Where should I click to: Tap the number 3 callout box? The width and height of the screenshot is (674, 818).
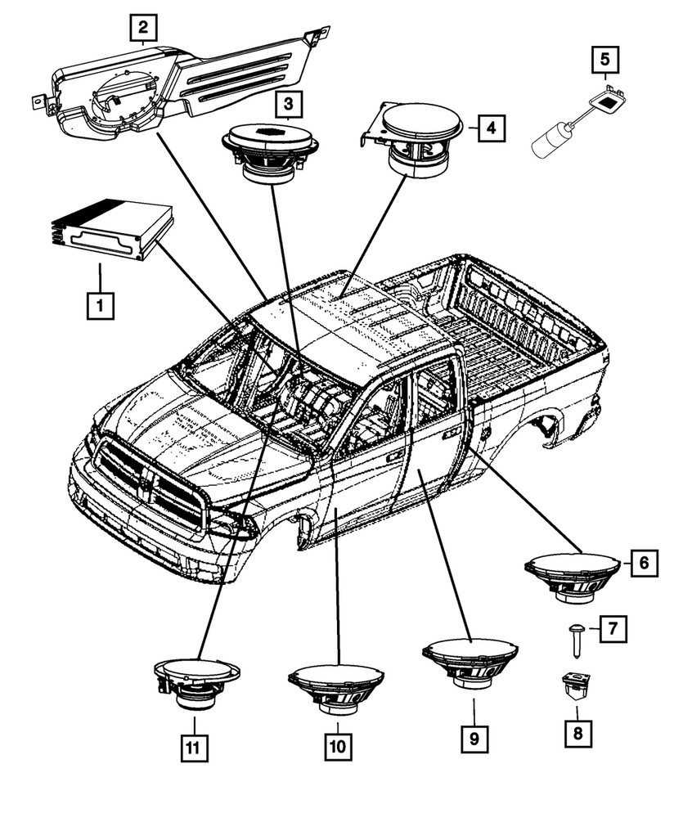[x=288, y=105]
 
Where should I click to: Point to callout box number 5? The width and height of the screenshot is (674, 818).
[x=605, y=61]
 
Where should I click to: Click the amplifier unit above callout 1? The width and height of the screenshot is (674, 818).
[x=113, y=231]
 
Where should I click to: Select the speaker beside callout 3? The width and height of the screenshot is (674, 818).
[x=270, y=151]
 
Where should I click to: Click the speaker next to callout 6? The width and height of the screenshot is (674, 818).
[x=573, y=574]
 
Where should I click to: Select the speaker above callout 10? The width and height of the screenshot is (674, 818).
[x=335, y=687]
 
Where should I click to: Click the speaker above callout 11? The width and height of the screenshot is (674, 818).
[x=196, y=684]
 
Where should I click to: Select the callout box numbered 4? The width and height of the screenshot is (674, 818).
[x=489, y=128]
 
